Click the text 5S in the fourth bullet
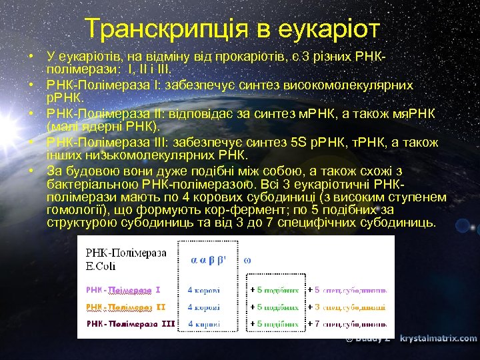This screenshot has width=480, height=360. click(x=299, y=143)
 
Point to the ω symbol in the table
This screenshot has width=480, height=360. click(x=248, y=259)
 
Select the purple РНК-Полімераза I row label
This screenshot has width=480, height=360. click(x=123, y=291)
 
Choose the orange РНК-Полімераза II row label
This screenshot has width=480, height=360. click(x=125, y=307)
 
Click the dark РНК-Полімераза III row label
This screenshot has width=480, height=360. click(x=131, y=324)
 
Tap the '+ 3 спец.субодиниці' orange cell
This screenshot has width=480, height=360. click(x=347, y=307)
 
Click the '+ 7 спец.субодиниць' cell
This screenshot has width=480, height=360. click(x=347, y=324)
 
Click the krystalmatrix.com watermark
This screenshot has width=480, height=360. click(x=438, y=339)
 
